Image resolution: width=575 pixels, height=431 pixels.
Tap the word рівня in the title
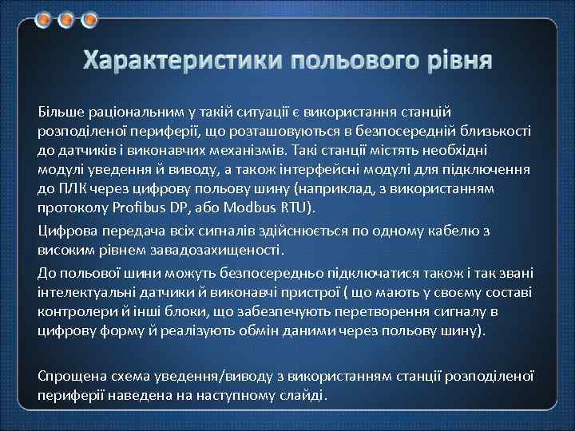[458, 61]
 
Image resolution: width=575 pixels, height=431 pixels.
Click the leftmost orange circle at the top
[46, 18]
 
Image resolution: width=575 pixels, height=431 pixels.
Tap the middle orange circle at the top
[67, 18]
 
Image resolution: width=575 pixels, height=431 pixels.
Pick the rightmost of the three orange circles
[88, 18]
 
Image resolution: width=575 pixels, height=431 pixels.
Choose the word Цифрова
[66, 231]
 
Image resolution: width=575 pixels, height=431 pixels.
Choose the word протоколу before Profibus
[71, 208]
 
